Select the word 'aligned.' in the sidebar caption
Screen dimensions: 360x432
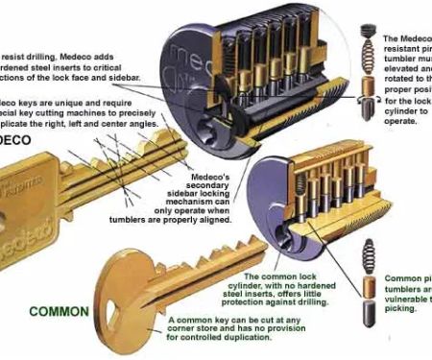pyautogui.click(x=206, y=220)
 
